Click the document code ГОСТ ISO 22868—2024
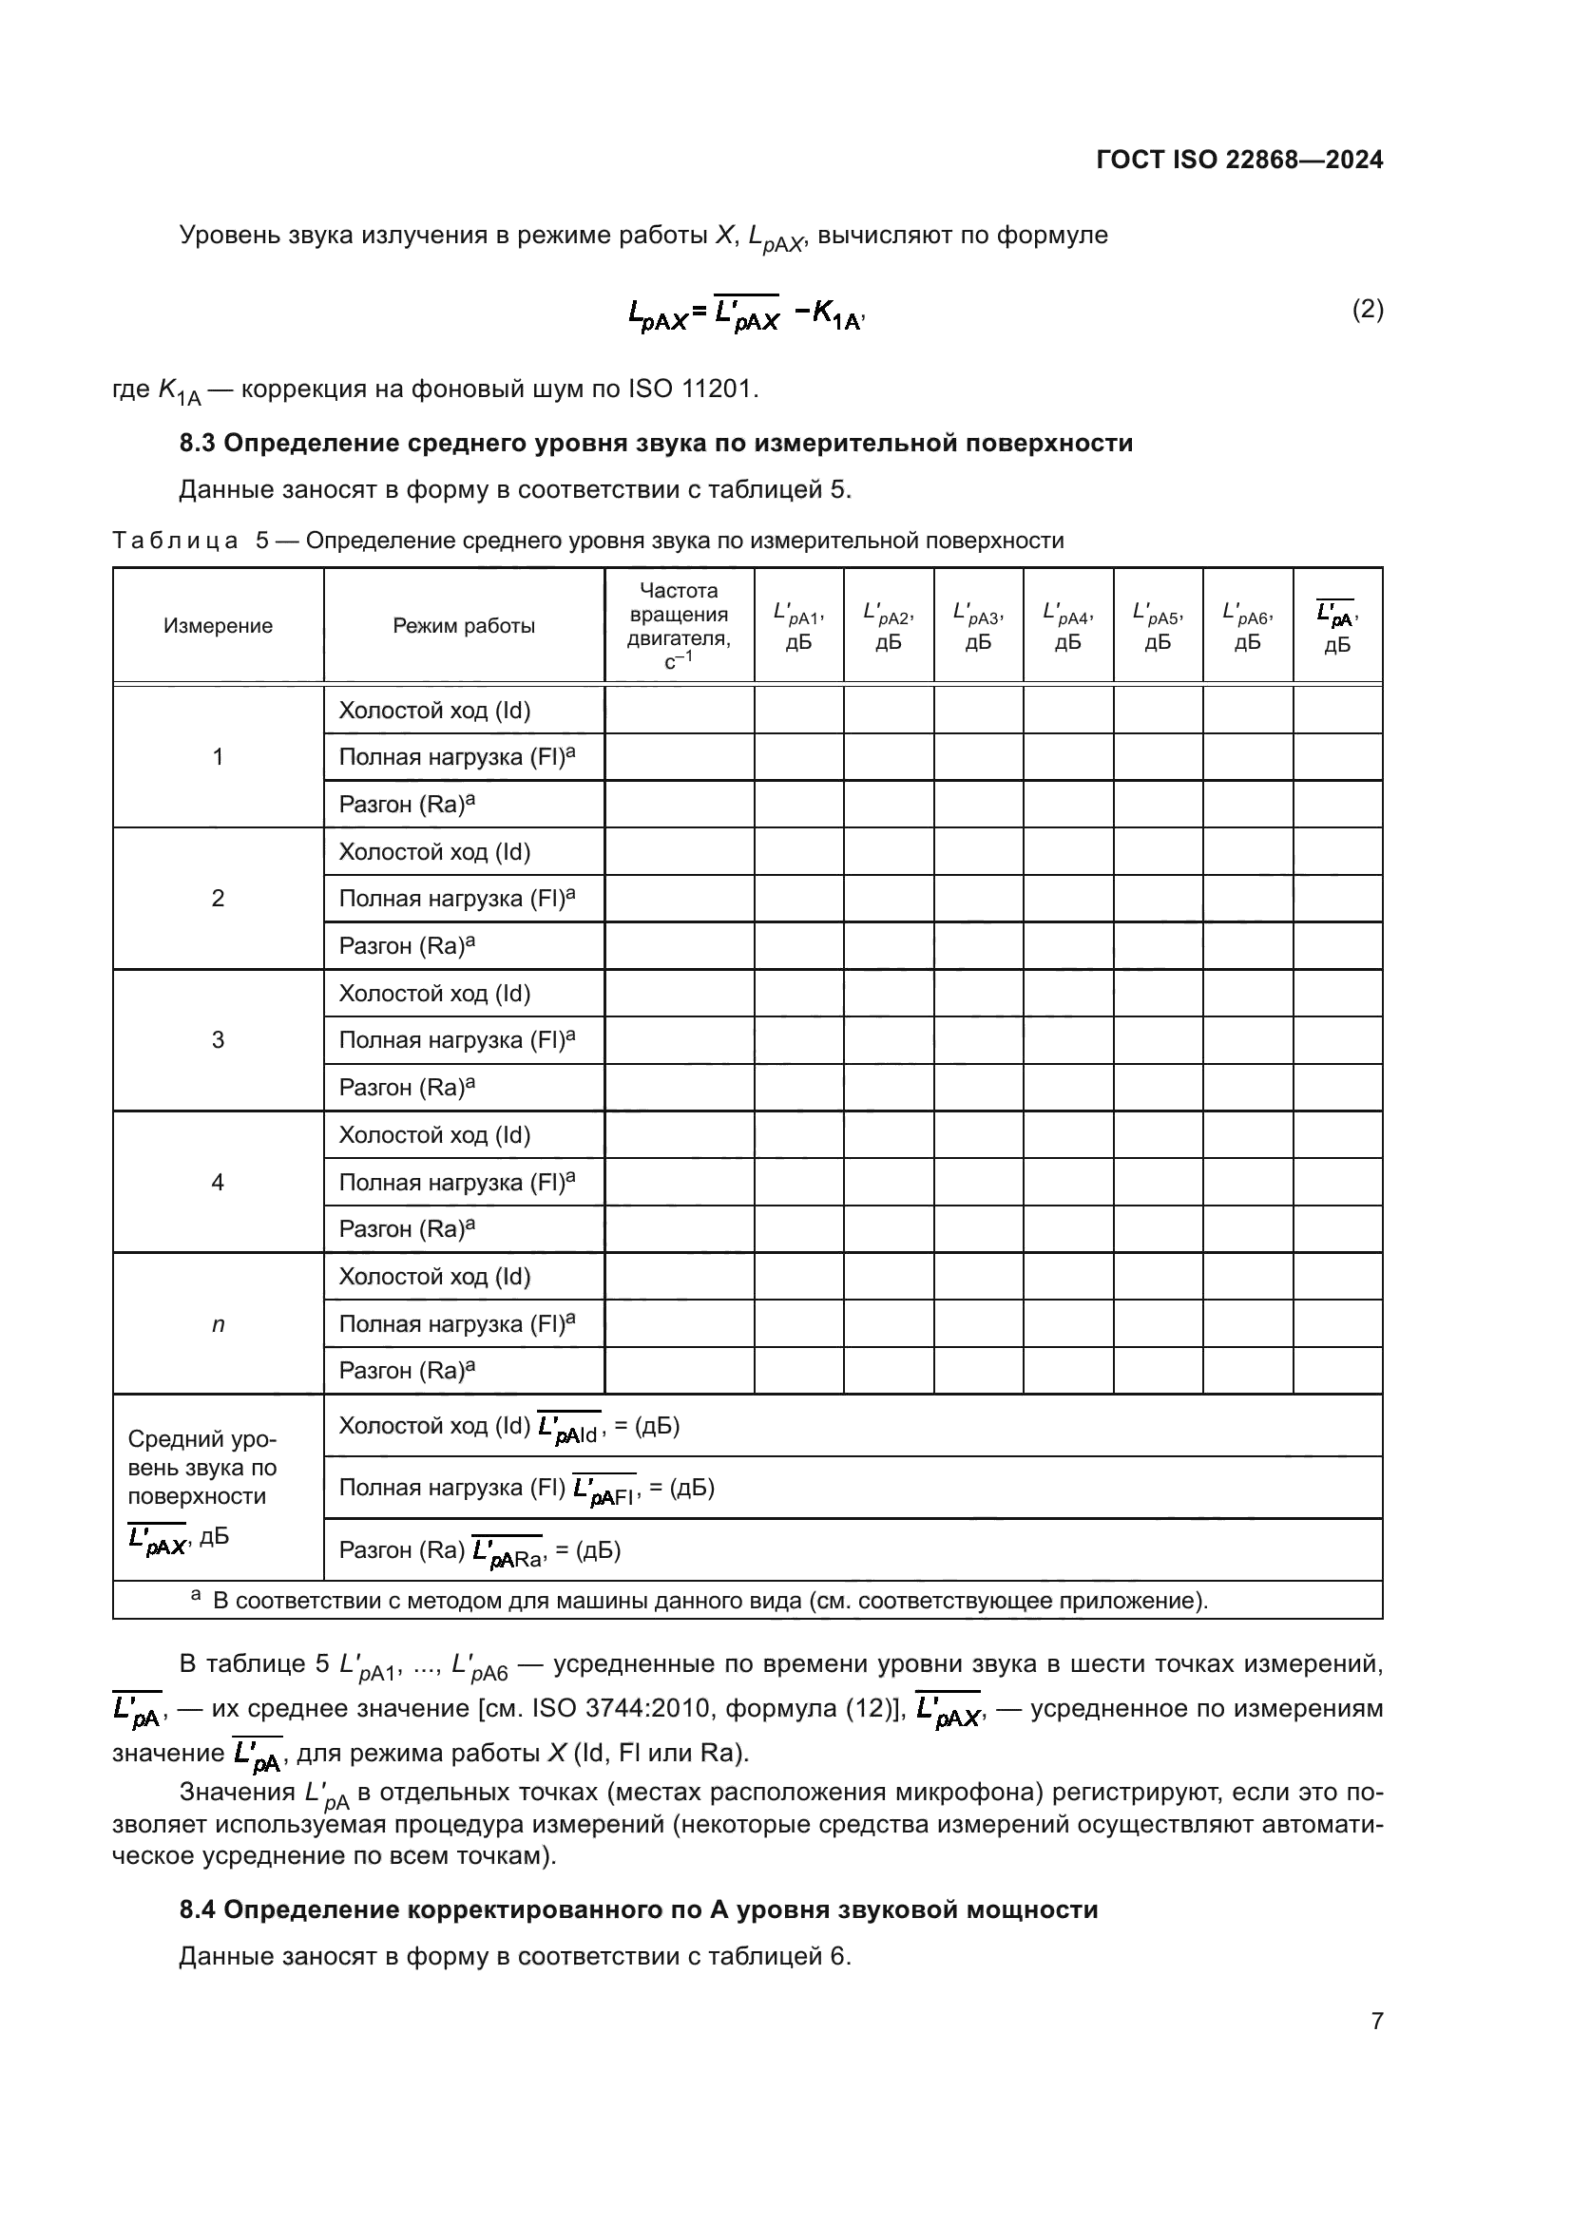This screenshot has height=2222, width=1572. [x=1239, y=161]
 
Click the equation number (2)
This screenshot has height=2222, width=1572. [x=1367, y=310]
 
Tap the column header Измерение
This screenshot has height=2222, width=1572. [x=218, y=626]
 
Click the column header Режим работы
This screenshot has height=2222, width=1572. [x=464, y=626]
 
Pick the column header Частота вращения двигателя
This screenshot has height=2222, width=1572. [x=679, y=625]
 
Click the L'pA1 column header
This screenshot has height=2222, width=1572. [x=798, y=625]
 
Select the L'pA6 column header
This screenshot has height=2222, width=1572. [x=1248, y=625]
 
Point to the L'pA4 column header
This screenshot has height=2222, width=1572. [x=1067, y=625]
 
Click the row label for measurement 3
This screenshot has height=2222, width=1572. [x=218, y=1040]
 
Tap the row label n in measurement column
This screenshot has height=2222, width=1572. [x=218, y=1324]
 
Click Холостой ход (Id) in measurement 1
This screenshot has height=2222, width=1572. [x=434, y=712]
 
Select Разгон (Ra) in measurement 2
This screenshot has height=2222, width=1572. [x=407, y=946]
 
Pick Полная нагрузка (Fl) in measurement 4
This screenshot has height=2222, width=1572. [x=456, y=1182]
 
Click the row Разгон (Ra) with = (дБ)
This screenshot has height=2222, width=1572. [x=479, y=1550]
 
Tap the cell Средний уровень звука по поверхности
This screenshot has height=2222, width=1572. [x=202, y=1468]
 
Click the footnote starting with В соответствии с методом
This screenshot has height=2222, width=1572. [x=710, y=1601]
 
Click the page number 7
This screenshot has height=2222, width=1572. [x=1376, y=2021]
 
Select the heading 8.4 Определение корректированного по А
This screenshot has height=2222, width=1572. [x=638, y=1909]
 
